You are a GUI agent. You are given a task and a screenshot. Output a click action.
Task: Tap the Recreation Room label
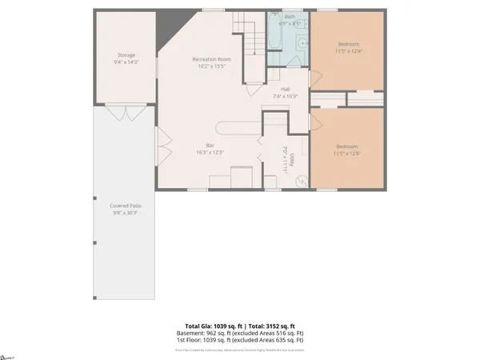211,60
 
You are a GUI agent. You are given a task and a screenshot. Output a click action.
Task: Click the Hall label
285,90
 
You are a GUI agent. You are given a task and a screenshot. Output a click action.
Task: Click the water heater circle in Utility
302,182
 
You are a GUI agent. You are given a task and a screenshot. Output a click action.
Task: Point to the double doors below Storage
121,114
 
